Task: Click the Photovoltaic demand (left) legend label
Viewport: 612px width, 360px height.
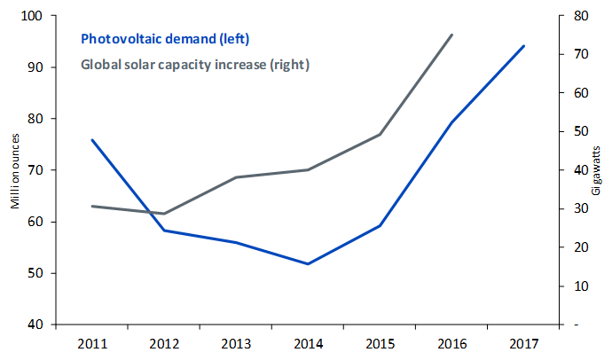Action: (x=165, y=39)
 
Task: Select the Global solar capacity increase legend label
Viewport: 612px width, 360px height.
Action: (x=195, y=65)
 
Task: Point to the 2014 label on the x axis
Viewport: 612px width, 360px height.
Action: (x=309, y=344)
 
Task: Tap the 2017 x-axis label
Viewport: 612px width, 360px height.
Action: (x=524, y=344)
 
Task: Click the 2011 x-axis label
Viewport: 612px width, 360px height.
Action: (x=92, y=344)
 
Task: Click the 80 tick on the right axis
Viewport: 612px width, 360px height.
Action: (x=581, y=16)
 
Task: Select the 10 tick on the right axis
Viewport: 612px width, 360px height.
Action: (x=581, y=286)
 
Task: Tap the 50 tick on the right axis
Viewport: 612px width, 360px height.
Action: (x=581, y=131)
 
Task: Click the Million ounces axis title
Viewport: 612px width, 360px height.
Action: (x=15, y=171)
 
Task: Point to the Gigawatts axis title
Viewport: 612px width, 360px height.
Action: (x=596, y=170)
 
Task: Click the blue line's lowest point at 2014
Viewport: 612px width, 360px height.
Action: (x=308, y=264)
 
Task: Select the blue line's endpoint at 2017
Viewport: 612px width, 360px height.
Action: (x=524, y=46)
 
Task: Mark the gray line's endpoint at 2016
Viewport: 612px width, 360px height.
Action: (x=452, y=35)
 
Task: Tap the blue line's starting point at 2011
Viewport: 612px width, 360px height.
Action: (x=92, y=139)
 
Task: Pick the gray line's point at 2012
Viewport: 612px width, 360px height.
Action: (x=164, y=214)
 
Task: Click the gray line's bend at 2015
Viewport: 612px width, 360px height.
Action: (x=380, y=135)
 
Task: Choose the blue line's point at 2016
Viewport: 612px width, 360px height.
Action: (x=452, y=122)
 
